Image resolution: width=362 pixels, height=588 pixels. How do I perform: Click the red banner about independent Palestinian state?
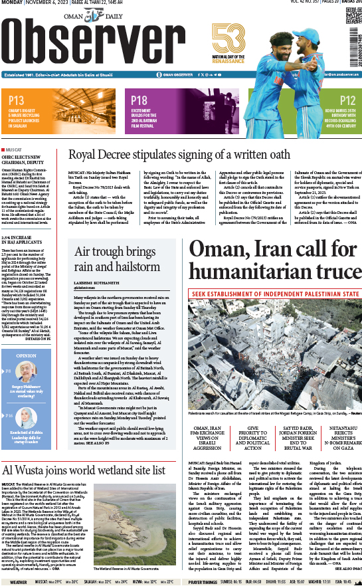tap(274, 293)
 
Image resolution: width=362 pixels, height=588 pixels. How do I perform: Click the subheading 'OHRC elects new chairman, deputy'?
tap(27, 159)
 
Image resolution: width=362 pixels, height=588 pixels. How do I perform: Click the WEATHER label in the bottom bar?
tap(18, 582)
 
